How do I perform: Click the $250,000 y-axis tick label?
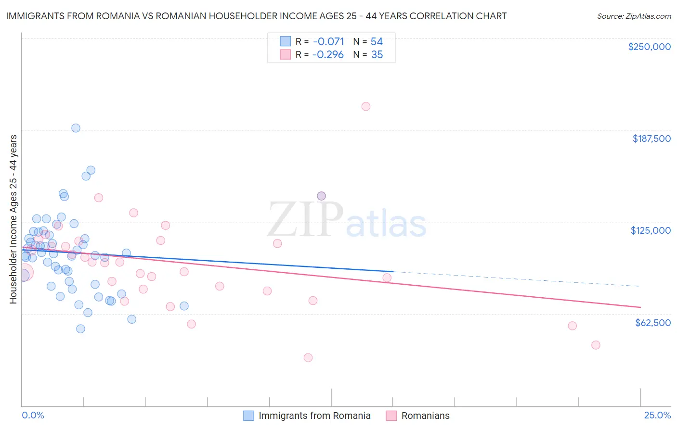[649, 47]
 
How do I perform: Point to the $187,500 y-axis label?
[651, 139]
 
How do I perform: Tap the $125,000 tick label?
[651, 230]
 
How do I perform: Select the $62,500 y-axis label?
[652, 323]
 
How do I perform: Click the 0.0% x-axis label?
[33, 415]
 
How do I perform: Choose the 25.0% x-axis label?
[657, 415]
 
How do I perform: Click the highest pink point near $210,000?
[366, 106]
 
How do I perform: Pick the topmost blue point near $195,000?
[76, 128]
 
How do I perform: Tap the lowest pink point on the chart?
[308, 357]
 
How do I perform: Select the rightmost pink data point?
[596, 345]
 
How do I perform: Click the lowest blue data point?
[81, 329]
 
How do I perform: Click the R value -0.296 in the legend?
[328, 55]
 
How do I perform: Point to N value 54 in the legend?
[377, 42]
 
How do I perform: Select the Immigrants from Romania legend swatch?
[248, 416]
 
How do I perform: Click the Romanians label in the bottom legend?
[425, 416]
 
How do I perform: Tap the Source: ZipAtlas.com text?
[634, 16]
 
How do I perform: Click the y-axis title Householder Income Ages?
[13, 219]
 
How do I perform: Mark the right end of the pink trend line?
[640, 307]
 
